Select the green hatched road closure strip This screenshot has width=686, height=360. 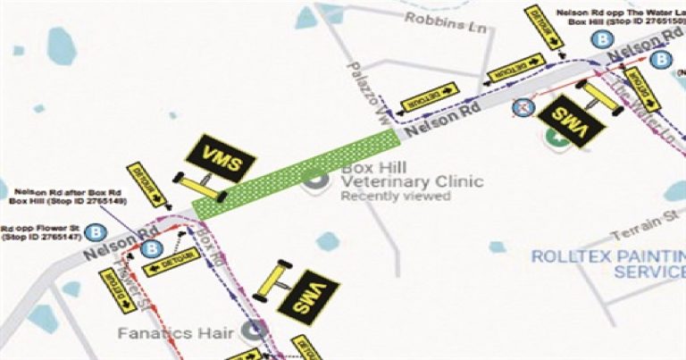pyautogui.click(x=296, y=173)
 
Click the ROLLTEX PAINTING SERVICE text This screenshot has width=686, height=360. pyautogui.click(x=608, y=263)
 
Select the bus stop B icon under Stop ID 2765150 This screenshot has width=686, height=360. pyautogui.click(x=604, y=41)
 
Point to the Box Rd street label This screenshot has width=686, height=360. pyautogui.click(x=207, y=247)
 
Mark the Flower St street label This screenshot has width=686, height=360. pyautogui.click(x=133, y=286)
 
